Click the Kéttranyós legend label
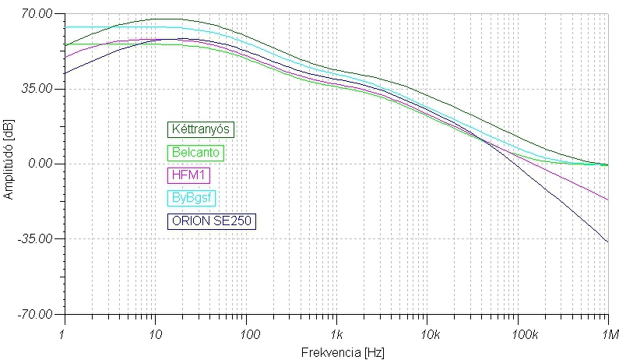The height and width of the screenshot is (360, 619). (201, 129)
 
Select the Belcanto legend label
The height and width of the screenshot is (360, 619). (195, 154)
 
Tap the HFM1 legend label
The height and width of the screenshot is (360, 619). (186, 176)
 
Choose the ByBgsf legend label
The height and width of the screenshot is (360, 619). (190, 199)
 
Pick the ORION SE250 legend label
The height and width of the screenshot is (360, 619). (212, 221)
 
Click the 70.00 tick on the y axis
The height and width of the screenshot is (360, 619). (37, 13)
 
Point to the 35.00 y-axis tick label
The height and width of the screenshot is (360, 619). (37, 89)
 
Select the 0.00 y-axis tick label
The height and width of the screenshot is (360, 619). (40, 164)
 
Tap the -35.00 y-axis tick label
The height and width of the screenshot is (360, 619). (35, 239)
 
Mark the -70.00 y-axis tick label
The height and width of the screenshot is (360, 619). (35, 314)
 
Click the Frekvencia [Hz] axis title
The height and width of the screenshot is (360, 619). (336, 351)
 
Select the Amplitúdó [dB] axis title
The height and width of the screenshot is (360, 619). (9, 164)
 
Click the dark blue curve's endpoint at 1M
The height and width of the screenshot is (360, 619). (608, 242)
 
